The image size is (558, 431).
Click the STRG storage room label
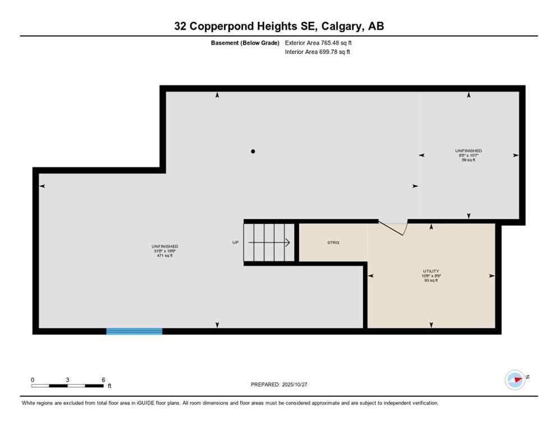click(333, 242)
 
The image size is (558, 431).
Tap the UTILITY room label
click(431, 271)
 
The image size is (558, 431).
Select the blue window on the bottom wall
click(134, 331)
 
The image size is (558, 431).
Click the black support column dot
click(253, 151)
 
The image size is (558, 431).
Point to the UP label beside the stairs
click(236, 242)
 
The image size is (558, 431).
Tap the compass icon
click(515, 379)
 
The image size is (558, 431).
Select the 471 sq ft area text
click(165, 256)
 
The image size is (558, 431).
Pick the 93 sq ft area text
click(431, 281)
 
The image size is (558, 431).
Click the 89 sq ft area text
click(468, 160)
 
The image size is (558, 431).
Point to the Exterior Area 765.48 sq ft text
click(318, 43)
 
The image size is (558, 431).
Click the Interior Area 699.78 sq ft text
click(318, 52)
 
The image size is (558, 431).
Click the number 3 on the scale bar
click(67, 379)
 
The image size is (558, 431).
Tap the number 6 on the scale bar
click(103, 379)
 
